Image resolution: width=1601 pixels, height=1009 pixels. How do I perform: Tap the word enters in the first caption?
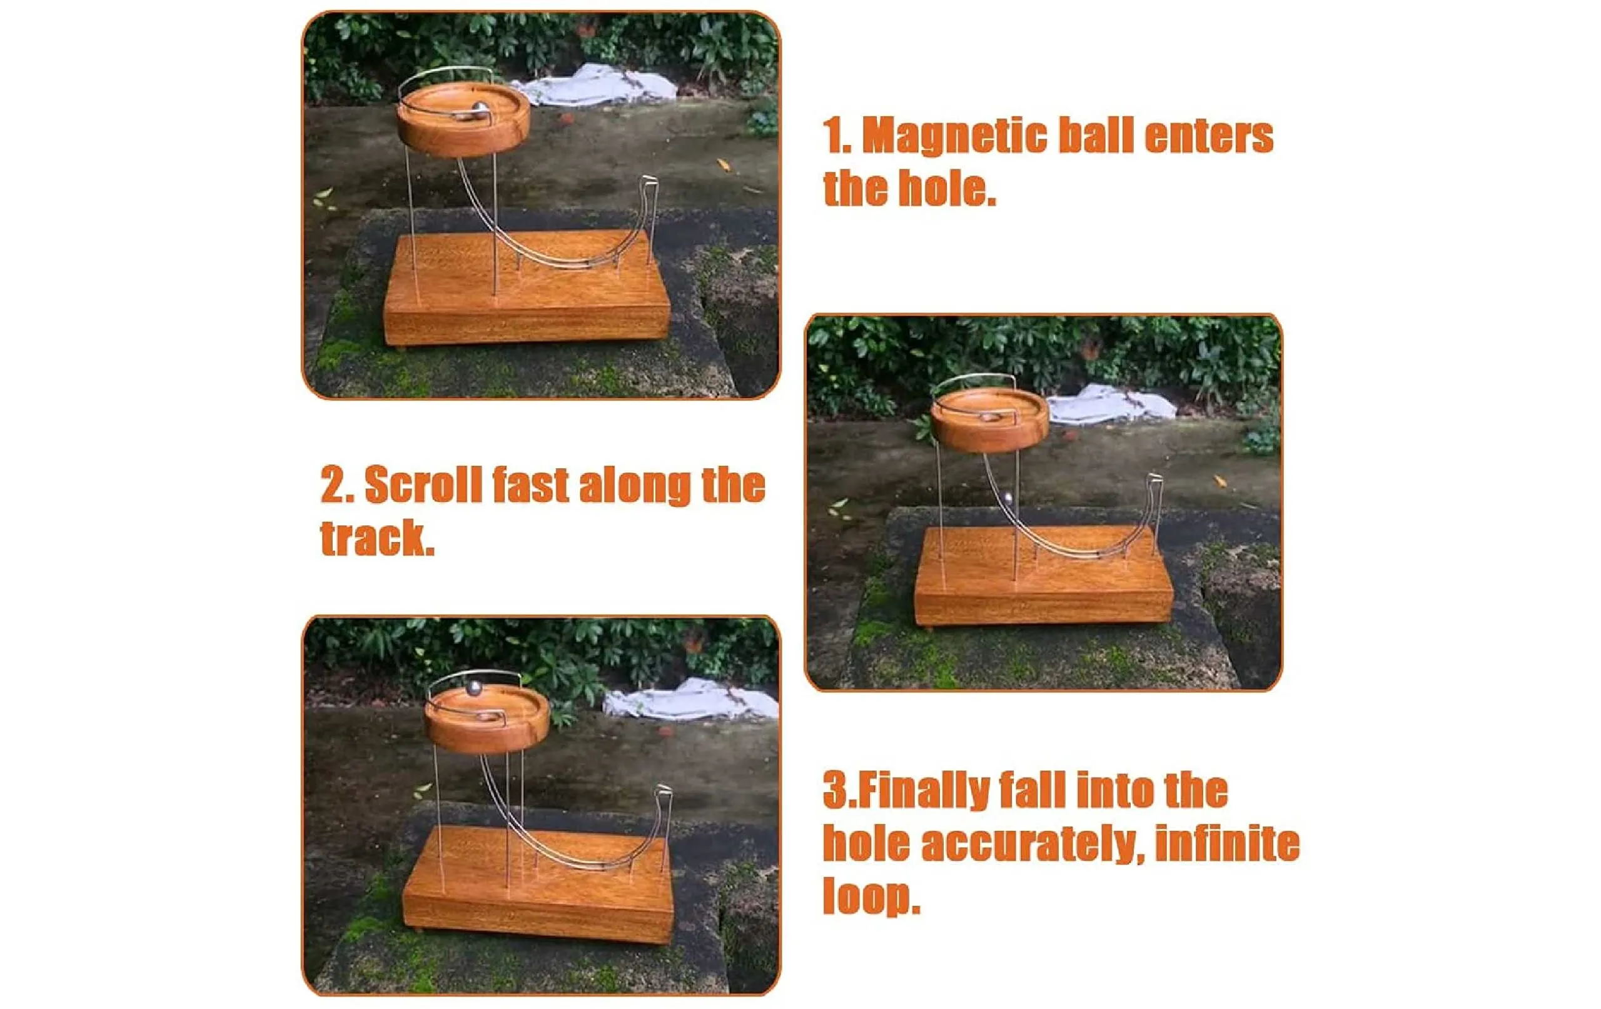(1209, 137)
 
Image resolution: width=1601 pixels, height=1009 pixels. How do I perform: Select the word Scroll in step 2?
(423, 485)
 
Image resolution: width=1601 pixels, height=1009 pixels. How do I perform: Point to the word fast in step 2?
(530, 485)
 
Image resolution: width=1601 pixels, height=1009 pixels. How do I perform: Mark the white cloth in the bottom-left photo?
(692, 700)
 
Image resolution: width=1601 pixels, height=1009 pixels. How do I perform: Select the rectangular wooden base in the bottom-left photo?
(538, 884)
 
